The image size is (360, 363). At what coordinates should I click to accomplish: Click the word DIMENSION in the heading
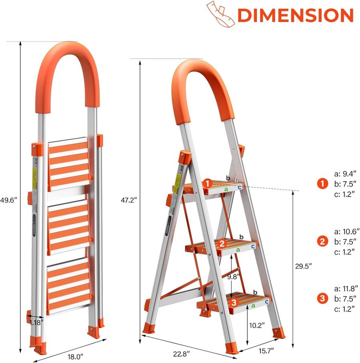[295, 15]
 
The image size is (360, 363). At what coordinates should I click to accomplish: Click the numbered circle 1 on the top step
[207, 183]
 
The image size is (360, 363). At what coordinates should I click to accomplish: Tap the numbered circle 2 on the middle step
[222, 243]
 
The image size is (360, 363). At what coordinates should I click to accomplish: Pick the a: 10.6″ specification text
[346, 231]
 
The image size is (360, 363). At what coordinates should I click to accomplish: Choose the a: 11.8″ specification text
[346, 288]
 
